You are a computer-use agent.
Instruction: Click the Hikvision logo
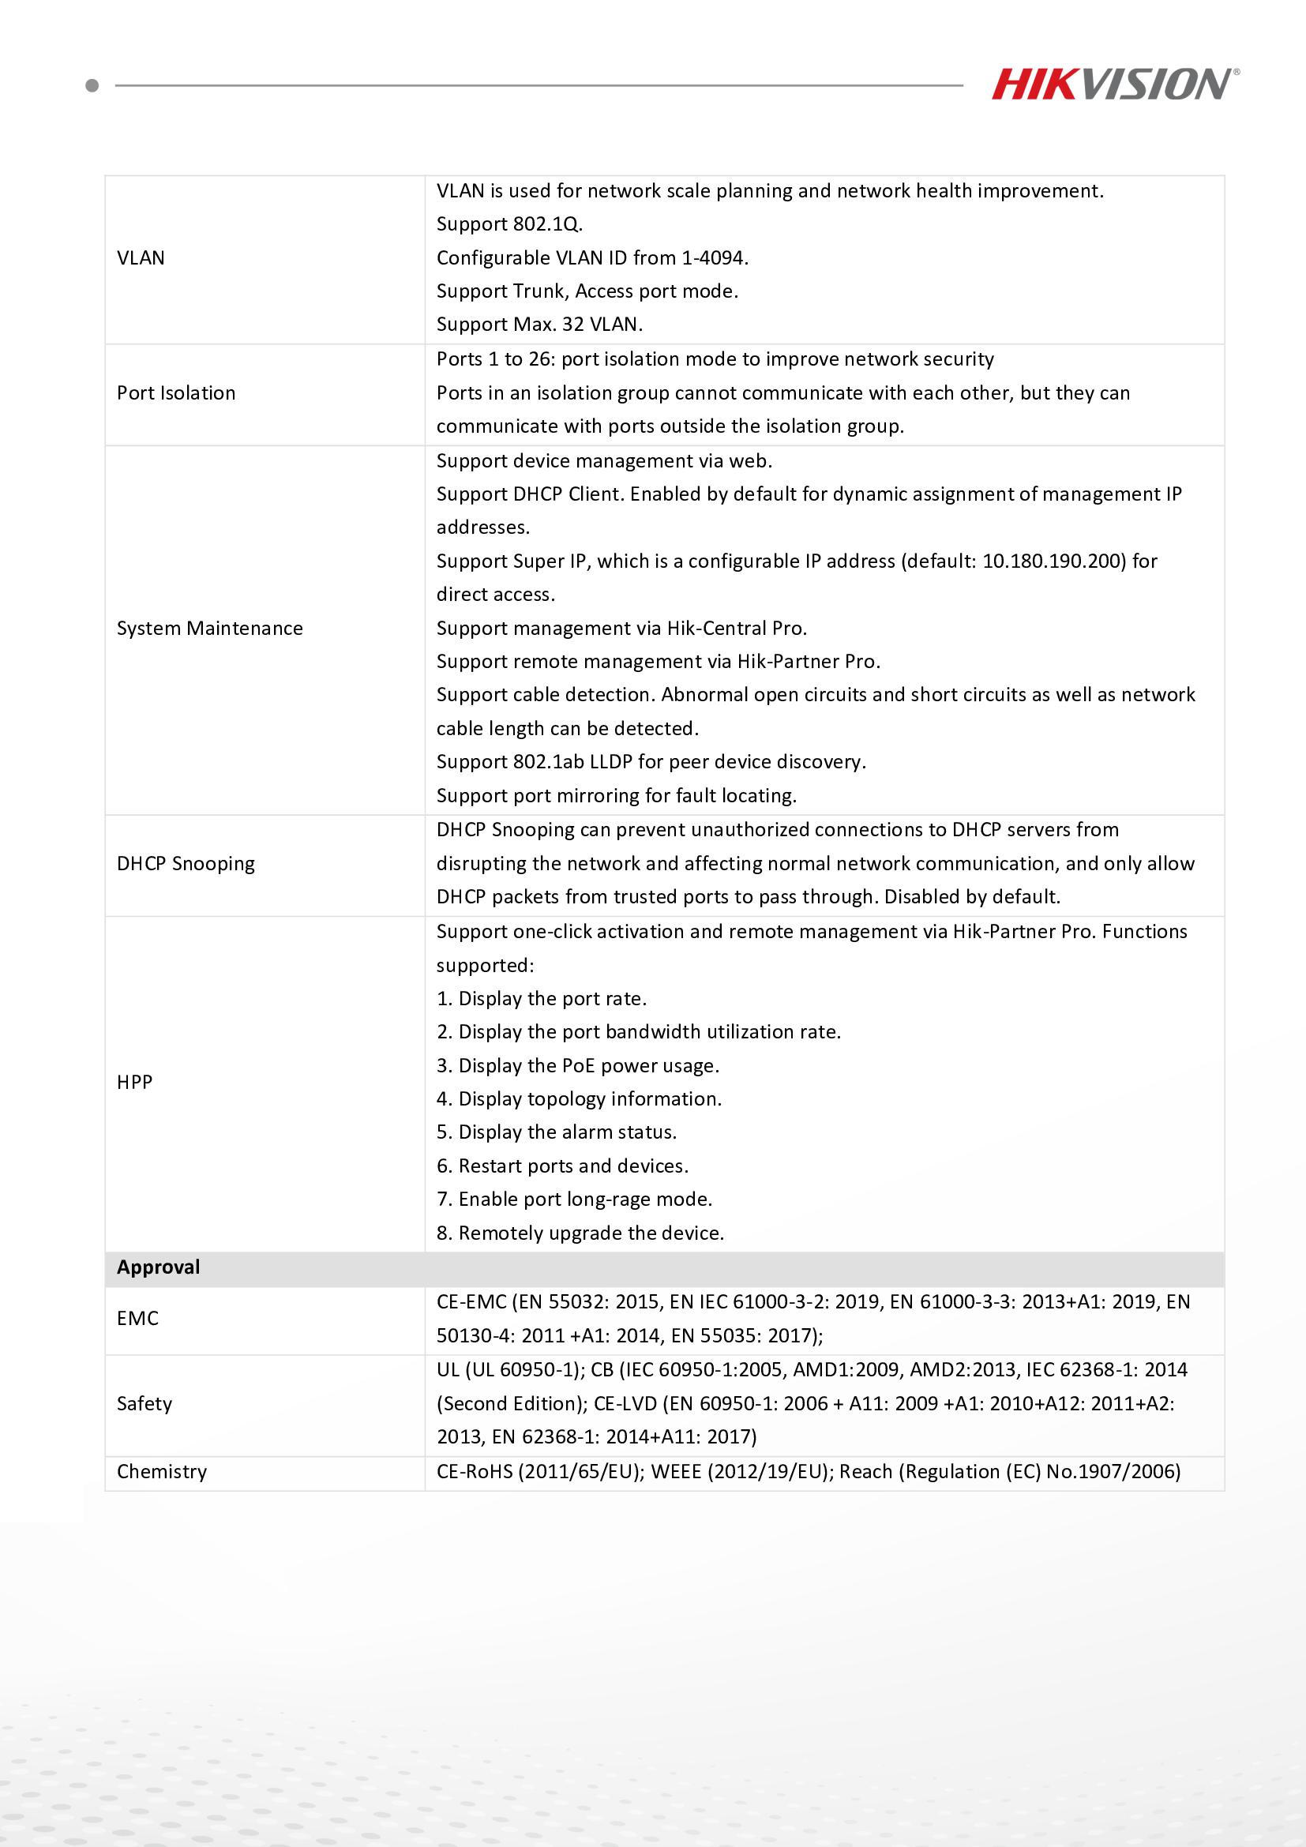coord(1115,84)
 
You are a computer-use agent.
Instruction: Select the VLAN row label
coord(141,258)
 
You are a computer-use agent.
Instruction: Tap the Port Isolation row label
coord(176,393)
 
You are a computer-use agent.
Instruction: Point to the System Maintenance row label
coord(210,629)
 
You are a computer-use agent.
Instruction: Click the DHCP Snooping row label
coord(186,864)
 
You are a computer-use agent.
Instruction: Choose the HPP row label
coord(134,1083)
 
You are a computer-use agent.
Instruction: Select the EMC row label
coord(137,1319)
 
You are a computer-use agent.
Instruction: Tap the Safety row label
coord(144,1404)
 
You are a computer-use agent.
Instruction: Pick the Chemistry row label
coord(162,1472)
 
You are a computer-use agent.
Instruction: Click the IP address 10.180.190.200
coord(1053,561)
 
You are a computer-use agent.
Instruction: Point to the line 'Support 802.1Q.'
coord(509,224)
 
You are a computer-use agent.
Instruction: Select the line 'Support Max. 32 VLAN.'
coord(539,325)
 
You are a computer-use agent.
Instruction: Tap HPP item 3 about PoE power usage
coord(578,1066)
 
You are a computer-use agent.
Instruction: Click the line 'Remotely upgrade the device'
coord(580,1233)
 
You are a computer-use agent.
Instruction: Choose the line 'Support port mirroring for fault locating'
coord(617,797)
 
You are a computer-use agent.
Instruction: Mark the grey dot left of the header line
coord(92,85)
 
